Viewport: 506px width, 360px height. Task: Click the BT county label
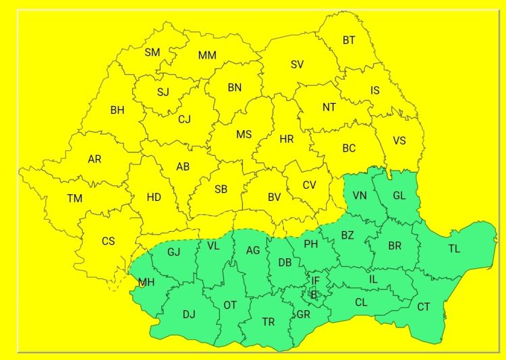click(x=349, y=40)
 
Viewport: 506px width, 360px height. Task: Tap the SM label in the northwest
click(x=152, y=52)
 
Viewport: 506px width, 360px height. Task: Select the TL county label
click(x=454, y=249)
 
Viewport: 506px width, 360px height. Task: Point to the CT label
click(x=423, y=307)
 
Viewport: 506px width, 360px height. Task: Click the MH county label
click(x=146, y=282)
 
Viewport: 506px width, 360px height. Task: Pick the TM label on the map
click(x=74, y=198)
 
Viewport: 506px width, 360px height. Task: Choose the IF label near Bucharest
click(x=315, y=280)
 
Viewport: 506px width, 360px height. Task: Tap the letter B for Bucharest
click(x=313, y=294)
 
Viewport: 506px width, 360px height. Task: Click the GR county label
click(x=304, y=314)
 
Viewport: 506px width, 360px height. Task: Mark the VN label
click(x=359, y=196)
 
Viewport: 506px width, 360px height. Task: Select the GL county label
click(x=399, y=196)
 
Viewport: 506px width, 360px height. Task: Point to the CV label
click(x=309, y=185)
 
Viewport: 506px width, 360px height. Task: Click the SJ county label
click(x=163, y=92)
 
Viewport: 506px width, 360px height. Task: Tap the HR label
click(x=287, y=139)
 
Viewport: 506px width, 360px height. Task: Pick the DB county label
click(x=285, y=262)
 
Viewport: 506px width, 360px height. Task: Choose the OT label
click(x=230, y=305)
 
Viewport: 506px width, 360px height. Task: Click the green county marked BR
click(x=395, y=246)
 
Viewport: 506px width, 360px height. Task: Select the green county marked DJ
click(x=189, y=313)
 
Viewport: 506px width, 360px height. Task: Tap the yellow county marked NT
click(x=329, y=107)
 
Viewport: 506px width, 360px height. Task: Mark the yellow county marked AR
click(x=94, y=159)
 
